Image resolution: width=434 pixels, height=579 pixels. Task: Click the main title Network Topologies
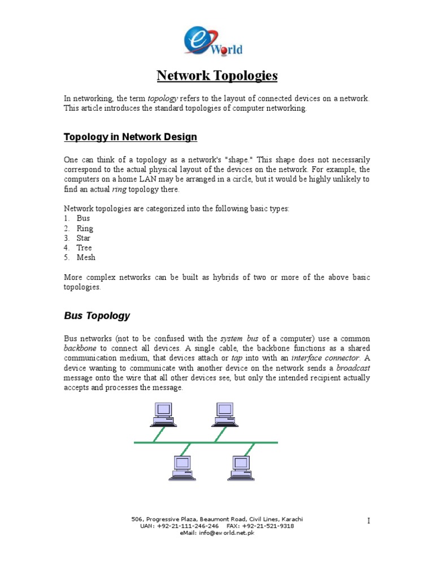(x=217, y=76)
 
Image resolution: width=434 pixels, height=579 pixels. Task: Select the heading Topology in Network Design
(x=131, y=137)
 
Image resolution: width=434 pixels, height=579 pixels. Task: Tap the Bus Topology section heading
(x=97, y=316)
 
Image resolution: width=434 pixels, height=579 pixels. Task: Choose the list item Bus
(x=83, y=218)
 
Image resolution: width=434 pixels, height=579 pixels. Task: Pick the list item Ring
(x=85, y=228)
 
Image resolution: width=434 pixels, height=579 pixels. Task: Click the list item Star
(x=84, y=238)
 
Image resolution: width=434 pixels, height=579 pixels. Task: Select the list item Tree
(x=84, y=248)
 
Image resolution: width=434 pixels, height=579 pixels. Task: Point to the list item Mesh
(x=86, y=257)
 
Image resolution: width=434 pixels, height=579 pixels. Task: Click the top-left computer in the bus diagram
(x=162, y=414)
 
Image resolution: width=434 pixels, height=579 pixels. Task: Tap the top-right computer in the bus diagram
(x=223, y=414)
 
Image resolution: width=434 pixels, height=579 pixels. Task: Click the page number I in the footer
(x=368, y=521)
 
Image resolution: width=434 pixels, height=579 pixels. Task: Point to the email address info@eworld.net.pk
(x=225, y=533)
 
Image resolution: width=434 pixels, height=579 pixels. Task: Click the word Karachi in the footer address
(x=290, y=519)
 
